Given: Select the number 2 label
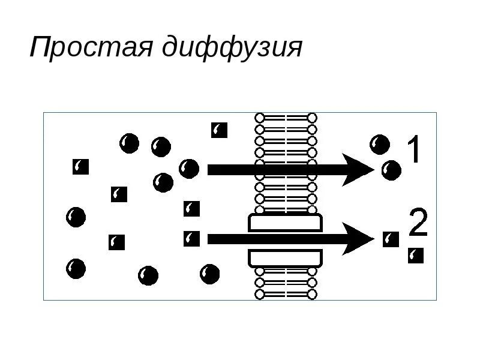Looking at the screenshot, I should [418, 223].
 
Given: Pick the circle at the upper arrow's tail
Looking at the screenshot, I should [189, 169].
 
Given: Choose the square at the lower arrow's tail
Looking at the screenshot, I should [191, 238].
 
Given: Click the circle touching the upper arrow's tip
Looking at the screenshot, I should [391, 170].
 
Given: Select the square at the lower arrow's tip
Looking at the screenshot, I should [391, 239].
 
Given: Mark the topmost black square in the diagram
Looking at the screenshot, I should [219, 130].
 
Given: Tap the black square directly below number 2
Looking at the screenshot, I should [415, 256].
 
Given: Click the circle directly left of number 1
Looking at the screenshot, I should [380, 144].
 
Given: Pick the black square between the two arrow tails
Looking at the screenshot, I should [191, 208].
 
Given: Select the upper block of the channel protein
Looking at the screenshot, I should [286, 223].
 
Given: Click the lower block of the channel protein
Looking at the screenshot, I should [286, 259].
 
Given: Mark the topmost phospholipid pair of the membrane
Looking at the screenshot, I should [286, 118].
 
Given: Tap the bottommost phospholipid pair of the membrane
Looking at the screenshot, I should [286, 294].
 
